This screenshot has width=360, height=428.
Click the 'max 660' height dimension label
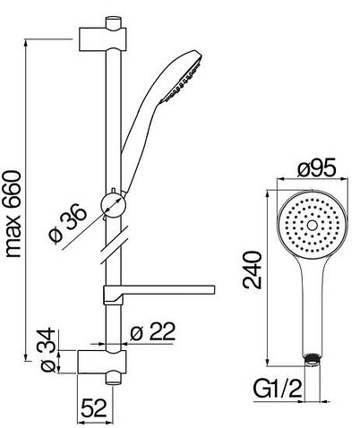pyautogui.click(x=13, y=214)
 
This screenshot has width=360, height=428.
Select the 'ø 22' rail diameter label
pyautogui.click(x=152, y=331)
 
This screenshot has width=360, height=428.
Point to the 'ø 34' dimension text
pyautogui.click(x=47, y=350)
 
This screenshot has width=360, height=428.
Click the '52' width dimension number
pyautogui.click(x=94, y=408)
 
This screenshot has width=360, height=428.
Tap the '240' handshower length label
pyautogui.click(x=253, y=270)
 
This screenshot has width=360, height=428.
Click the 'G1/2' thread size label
pyautogui.click(x=278, y=389)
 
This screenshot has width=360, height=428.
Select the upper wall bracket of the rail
pyautogui.click(x=102, y=39)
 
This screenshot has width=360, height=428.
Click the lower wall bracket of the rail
pyautogui.click(x=102, y=362)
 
